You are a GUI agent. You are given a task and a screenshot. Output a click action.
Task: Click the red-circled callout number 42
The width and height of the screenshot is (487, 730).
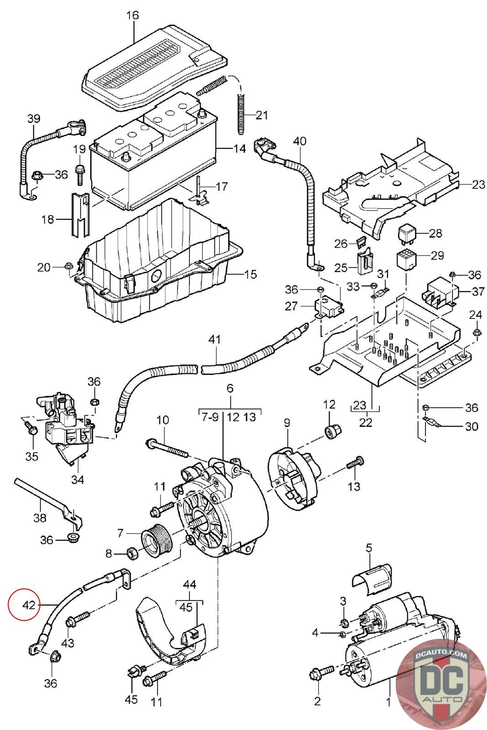(x=29, y=605)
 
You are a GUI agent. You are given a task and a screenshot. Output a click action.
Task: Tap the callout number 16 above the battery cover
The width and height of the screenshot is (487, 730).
(x=132, y=16)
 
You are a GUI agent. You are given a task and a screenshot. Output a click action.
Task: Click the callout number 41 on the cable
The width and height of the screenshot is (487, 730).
(x=214, y=339)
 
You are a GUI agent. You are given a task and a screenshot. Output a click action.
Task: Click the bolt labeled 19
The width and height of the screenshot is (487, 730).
(x=79, y=176)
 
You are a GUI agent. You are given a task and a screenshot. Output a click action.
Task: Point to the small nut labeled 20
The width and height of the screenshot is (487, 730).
(x=68, y=266)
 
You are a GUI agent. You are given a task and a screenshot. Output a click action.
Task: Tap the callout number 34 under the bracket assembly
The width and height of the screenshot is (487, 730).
(x=78, y=480)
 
